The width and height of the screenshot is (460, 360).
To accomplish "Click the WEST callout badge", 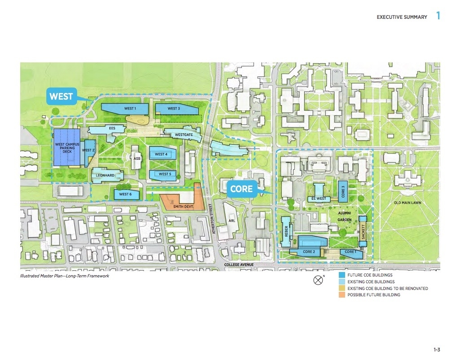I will pos(61,97).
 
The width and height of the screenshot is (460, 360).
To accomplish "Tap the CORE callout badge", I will pos(241,189).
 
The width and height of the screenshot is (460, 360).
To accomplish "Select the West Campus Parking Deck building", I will pos(66,148).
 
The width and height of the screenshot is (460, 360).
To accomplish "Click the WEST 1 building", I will pos(125,109).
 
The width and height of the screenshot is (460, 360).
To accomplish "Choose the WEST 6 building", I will pos(126,194).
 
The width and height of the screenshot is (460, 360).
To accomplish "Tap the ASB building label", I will pos(137,158).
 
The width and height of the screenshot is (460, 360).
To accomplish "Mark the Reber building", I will pos(286,231).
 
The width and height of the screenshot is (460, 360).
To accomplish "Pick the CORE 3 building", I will pos(343,190).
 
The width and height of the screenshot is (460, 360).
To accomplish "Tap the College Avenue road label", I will pos(239,265).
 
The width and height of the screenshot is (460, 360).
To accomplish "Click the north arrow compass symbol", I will pos(318,281).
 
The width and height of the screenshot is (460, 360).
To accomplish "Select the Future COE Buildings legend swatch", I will pos(342,275).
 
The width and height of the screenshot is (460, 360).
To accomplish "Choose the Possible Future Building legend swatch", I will pos(342,295).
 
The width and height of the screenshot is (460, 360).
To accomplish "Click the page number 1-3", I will pos(437,349).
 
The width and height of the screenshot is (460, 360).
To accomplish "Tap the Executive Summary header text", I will pos(402,17).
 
